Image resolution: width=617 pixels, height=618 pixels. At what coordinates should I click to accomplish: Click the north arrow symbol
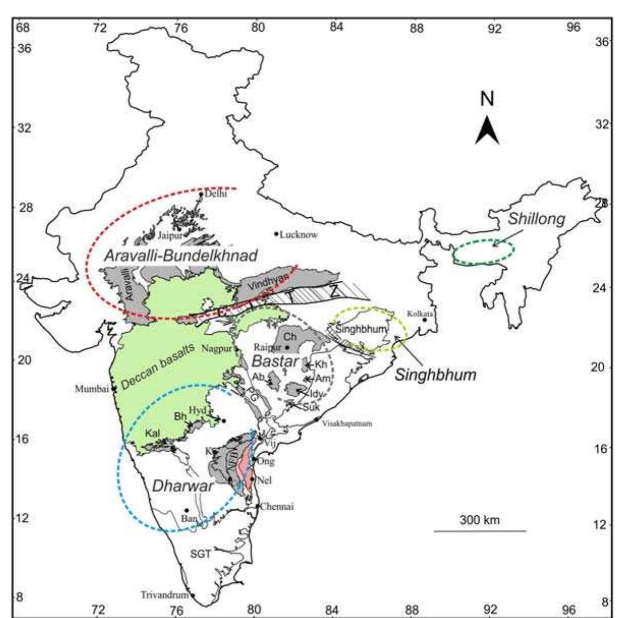pyautogui.click(x=487, y=130)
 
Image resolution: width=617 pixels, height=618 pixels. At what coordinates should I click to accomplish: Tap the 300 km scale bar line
pyautogui.click(x=480, y=531)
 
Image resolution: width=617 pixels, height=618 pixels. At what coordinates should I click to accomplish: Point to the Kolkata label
pyautogui.click(x=420, y=313)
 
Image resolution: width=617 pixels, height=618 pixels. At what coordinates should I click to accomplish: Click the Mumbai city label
pyautogui.click(x=92, y=389)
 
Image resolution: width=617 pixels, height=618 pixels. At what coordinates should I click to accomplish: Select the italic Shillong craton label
pyautogui.click(x=537, y=219)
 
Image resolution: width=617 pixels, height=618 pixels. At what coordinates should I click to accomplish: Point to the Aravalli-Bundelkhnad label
pyautogui.click(x=180, y=256)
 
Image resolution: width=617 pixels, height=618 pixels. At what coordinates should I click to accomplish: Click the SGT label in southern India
pyautogui.click(x=200, y=554)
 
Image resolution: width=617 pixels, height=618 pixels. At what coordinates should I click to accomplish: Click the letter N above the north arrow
pyautogui.click(x=487, y=99)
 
